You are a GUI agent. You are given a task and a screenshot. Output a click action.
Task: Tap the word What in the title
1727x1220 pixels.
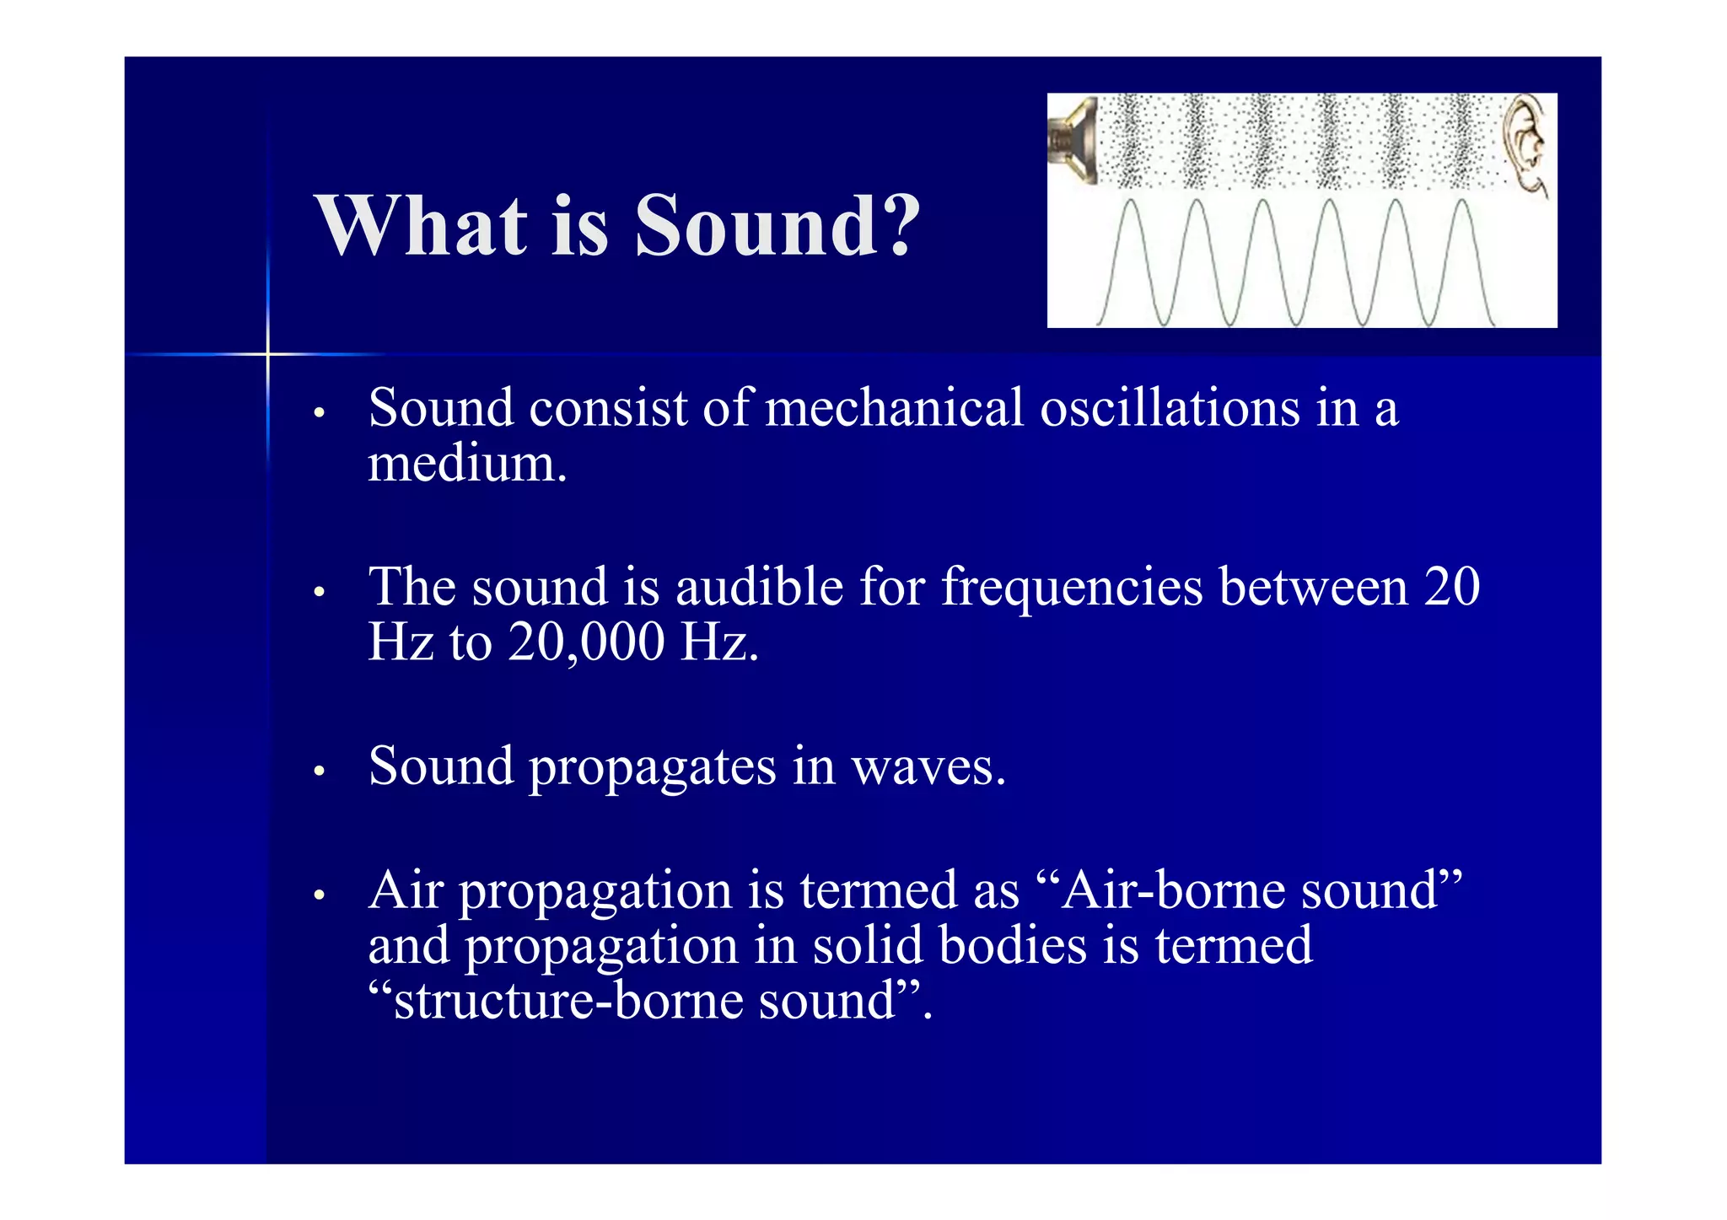point(422,226)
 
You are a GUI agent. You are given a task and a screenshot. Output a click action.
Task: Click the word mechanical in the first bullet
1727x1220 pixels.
point(894,409)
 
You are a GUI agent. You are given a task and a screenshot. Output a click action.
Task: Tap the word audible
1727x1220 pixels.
point(759,588)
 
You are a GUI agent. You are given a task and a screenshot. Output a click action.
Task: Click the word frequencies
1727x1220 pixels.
point(1072,588)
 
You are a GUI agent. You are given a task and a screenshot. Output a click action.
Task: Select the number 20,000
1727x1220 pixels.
point(586,643)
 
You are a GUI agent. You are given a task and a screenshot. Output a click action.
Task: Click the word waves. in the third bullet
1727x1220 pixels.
point(928,768)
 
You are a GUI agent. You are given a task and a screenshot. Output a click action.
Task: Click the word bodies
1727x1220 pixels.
point(1013,947)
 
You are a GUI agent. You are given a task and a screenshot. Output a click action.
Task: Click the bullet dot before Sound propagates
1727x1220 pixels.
point(319,771)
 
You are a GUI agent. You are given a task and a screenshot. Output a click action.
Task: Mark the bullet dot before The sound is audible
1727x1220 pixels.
point(319,592)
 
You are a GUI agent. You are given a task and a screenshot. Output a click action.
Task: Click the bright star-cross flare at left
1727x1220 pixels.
point(268,354)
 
